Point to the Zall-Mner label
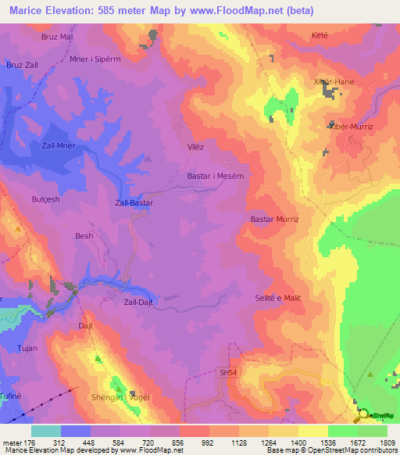click(58, 145)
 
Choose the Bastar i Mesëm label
click(216, 176)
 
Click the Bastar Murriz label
click(274, 220)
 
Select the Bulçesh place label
click(45, 199)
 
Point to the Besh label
click(84, 235)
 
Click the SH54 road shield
click(227, 374)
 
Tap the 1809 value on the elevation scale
click(387, 443)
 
